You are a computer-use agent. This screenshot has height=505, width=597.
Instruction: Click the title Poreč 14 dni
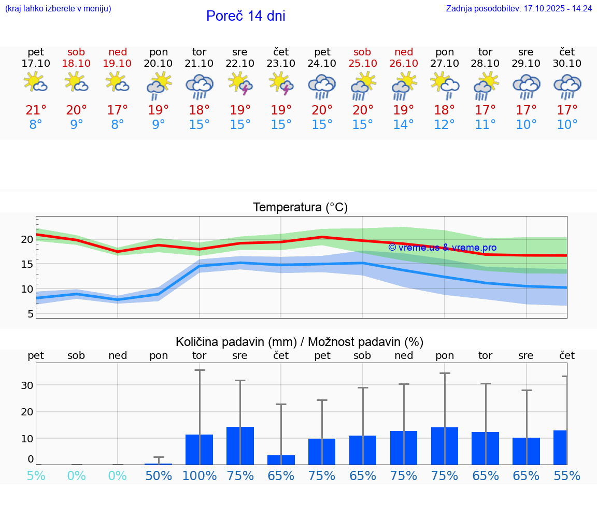point(246,16)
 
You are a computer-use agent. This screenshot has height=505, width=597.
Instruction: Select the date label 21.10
point(199,63)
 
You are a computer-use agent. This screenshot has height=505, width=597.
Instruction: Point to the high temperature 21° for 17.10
point(36,110)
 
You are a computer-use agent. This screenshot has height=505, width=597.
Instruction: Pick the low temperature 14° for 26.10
point(403,125)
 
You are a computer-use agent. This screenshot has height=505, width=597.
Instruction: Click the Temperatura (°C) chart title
point(300,208)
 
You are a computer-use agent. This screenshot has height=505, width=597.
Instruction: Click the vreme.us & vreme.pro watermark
point(442,248)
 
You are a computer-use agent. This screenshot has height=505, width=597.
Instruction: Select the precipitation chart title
point(300,342)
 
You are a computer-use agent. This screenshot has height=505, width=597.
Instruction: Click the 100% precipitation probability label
point(199,475)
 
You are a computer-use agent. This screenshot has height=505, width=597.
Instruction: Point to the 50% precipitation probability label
point(159,475)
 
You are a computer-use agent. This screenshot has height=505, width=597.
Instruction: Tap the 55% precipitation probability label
point(567,475)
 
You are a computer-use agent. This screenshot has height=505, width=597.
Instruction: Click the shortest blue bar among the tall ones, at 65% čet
point(281,460)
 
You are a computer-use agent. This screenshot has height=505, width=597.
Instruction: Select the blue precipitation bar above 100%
point(199,450)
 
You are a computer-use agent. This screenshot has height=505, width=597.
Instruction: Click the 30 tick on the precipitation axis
point(27,385)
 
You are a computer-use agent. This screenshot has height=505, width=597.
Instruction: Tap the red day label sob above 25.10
point(362,52)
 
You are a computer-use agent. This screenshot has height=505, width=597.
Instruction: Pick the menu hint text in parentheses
point(58,8)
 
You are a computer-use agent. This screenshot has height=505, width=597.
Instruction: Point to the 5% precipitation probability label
point(36,475)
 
